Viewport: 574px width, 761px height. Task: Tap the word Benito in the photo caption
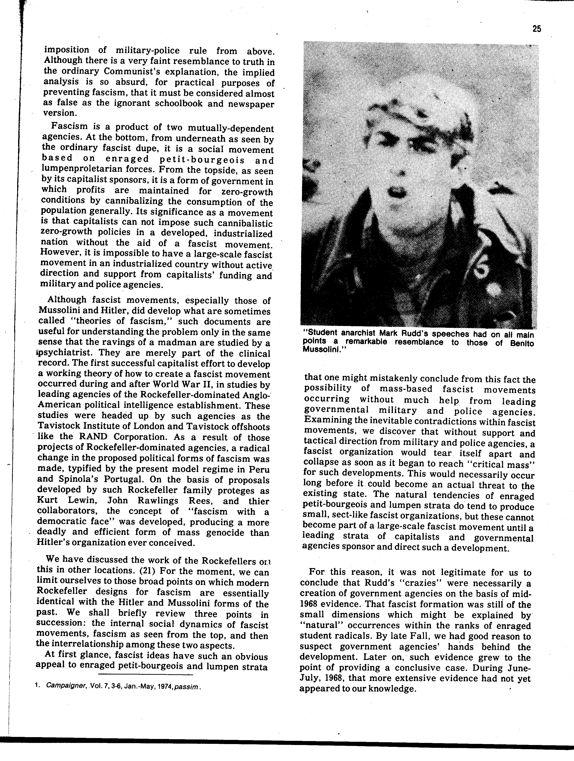pos(522,343)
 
